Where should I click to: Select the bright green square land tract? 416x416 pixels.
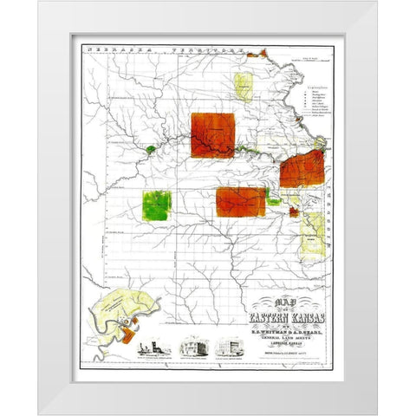coord(157,205)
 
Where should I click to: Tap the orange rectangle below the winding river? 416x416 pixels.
coord(241,201)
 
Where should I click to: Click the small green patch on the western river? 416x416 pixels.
coord(151,150)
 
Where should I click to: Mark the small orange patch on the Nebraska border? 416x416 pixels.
coord(252,55)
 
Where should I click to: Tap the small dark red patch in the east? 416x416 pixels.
coord(294,211)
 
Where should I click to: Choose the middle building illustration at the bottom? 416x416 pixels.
coord(192,348)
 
